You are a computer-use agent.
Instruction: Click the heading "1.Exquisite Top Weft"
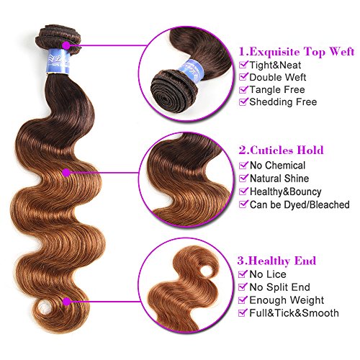(297, 51)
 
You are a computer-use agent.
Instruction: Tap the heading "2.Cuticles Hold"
(281, 150)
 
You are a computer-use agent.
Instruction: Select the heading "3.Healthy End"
(276, 261)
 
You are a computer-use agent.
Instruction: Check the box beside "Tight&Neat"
(243, 65)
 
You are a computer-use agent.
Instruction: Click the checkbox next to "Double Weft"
(243, 77)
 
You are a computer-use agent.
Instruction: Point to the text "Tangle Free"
(277, 89)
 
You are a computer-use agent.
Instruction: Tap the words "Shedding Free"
(283, 102)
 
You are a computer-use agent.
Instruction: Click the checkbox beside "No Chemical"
(243, 165)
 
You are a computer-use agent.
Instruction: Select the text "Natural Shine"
(279, 179)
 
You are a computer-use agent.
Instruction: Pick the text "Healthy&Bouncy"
(286, 192)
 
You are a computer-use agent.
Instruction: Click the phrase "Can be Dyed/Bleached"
(300, 204)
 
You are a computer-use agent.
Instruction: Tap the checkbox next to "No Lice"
(243, 274)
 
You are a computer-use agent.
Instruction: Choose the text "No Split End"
(280, 287)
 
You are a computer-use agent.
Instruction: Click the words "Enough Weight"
(287, 300)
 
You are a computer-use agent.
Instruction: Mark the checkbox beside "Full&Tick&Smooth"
(243, 312)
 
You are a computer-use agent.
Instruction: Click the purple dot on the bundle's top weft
(66, 45)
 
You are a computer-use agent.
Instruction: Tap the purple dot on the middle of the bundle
(66, 173)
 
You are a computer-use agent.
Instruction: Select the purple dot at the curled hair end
(66, 302)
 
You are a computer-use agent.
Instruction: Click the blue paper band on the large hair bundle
(59, 62)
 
